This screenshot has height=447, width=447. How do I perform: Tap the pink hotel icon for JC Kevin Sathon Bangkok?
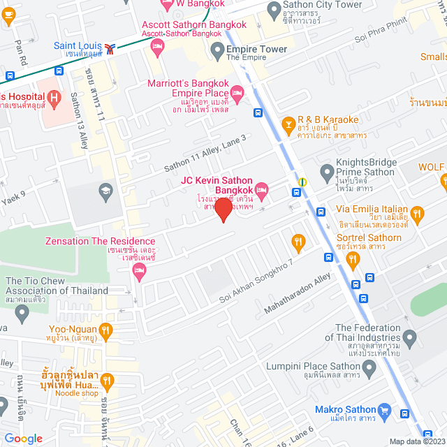(x=262, y=189)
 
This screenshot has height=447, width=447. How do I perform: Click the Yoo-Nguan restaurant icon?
(x=105, y=329)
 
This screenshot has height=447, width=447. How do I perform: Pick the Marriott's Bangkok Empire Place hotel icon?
(x=237, y=92)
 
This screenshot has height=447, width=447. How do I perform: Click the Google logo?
(x=23, y=438)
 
